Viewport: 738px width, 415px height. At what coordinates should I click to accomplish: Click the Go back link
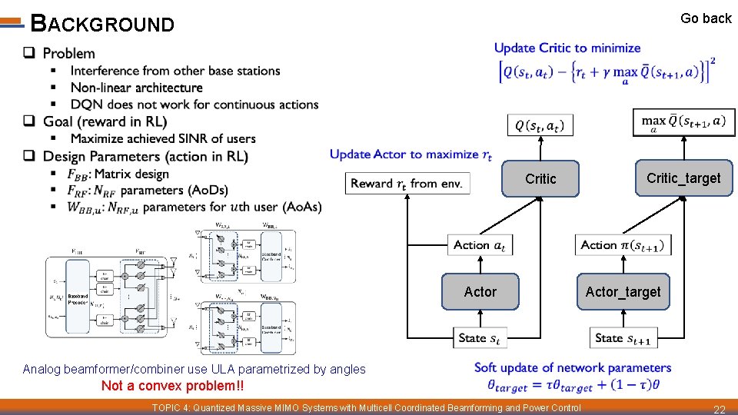[706, 18]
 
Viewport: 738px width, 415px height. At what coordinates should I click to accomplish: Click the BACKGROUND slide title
[102, 25]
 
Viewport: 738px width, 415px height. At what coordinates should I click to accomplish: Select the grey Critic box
[540, 179]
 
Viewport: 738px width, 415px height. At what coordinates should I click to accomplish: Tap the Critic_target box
[683, 178]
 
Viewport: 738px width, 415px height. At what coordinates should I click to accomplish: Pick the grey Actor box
[480, 292]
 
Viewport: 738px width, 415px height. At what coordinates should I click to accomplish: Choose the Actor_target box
[623, 292]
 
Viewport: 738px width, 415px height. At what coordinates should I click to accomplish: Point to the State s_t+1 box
[623, 337]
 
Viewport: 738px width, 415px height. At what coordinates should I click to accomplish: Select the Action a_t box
[480, 245]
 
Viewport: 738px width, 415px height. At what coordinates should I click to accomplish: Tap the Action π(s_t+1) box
[623, 245]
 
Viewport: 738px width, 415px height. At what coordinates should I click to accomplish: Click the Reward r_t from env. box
[407, 184]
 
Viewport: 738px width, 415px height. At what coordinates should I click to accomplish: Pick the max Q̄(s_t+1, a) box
[683, 122]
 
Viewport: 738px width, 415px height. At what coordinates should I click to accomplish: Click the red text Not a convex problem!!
[173, 386]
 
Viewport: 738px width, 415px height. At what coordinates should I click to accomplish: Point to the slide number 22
[720, 408]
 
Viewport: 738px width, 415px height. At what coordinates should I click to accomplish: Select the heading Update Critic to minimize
[567, 48]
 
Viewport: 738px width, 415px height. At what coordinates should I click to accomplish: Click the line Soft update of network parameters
[573, 367]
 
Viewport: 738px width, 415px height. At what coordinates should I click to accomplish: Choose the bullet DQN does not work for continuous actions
[194, 105]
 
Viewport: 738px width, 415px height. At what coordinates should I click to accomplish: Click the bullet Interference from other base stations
[175, 71]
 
